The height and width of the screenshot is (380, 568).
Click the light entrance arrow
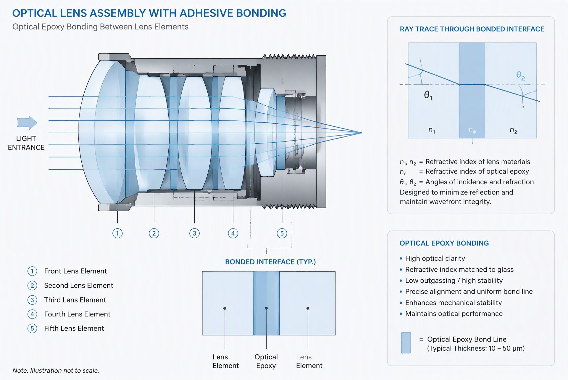click(x=27, y=122)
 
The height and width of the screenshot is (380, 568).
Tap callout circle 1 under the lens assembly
click(x=117, y=233)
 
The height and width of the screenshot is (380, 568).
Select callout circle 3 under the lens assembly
click(x=194, y=233)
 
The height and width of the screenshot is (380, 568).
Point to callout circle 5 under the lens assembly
click(x=282, y=233)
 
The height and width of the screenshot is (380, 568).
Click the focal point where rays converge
click(x=361, y=133)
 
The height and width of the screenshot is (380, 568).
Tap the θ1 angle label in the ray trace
click(x=428, y=95)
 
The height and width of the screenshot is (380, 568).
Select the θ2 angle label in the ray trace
click(x=521, y=75)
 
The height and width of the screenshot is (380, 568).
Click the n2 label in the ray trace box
click(x=513, y=130)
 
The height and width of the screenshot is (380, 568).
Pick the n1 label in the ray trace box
click(x=432, y=130)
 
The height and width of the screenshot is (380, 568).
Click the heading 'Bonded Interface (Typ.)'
click(x=270, y=262)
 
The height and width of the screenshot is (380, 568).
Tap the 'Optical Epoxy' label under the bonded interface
click(x=266, y=361)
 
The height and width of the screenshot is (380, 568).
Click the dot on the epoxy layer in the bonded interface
click(x=266, y=308)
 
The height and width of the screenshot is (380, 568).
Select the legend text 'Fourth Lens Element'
click(x=77, y=314)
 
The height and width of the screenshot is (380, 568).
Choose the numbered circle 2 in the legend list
click(x=32, y=286)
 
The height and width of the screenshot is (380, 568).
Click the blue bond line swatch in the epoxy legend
click(x=406, y=343)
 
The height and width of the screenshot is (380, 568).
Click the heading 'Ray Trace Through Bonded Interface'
click(x=472, y=29)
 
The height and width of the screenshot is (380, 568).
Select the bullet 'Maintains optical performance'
click(x=454, y=313)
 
